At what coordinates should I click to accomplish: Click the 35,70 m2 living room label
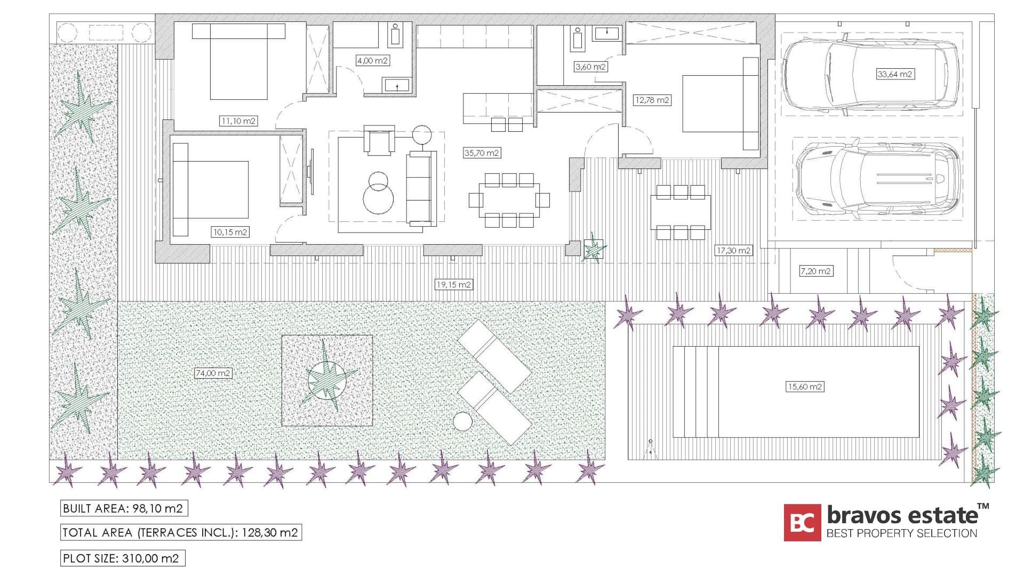482,153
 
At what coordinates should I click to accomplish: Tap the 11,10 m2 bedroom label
238,121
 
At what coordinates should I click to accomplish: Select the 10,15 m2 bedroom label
230,232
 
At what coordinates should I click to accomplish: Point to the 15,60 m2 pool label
804,387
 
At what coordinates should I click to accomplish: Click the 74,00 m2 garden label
213,373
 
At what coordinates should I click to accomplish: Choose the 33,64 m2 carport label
894,74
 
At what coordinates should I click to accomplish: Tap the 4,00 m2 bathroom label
372,61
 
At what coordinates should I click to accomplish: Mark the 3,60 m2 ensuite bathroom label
590,67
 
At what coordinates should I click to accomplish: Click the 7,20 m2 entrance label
815,271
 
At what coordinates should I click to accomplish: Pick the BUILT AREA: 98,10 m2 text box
123,508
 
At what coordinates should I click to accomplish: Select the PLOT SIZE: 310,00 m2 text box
122,558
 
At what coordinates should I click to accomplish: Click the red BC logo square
802,523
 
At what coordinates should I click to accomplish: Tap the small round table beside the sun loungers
462,422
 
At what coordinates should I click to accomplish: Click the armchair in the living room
379,141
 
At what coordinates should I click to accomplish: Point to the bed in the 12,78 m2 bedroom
717,104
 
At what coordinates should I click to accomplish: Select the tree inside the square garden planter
326,380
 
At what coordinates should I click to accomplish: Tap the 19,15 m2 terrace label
453,285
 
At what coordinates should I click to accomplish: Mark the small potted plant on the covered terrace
593,249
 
